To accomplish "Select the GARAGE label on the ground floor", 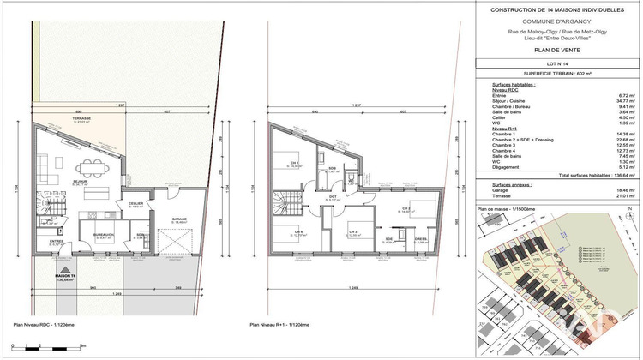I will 178,219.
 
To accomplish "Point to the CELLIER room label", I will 135,203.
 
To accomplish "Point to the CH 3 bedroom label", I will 353,231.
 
